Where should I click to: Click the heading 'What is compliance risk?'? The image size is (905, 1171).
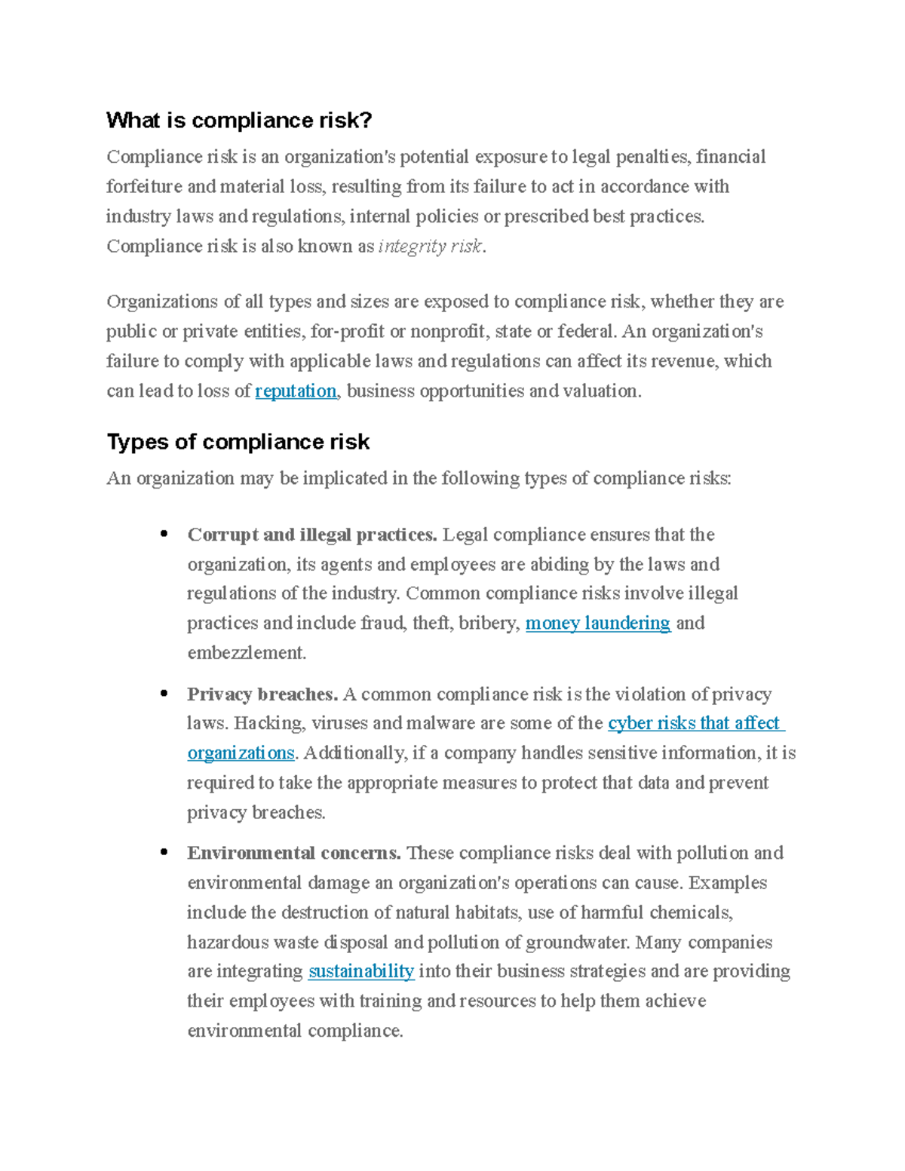[x=239, y=121]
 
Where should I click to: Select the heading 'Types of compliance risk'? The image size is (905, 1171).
[x=238, y=442]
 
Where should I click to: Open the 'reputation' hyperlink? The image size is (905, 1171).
[x=296, y=391]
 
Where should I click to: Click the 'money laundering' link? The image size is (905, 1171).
[x=597, y=624]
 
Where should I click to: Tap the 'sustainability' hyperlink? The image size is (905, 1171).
[x=361, y=971]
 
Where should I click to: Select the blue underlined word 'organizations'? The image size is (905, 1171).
[x=241, y=753]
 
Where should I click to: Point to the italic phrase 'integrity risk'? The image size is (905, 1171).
[x=430, y=247]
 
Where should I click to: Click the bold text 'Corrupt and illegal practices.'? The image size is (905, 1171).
[x=311, y=535]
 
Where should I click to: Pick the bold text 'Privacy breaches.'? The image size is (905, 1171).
[x=262, y=694]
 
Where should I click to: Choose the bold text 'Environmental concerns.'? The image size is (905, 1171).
[x=293, y=854]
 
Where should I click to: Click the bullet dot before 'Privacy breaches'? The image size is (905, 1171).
[x=164, y=694]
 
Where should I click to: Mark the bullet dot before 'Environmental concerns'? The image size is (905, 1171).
[x=164, y=853]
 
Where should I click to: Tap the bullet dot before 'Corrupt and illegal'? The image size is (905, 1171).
[x=164, y=535]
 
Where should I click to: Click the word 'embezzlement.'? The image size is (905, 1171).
[x=247, y=653]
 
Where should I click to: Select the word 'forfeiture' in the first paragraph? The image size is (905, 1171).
[x=144, y=187]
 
